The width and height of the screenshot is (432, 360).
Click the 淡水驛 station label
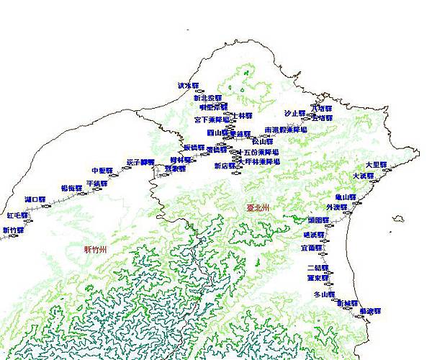point(187,85)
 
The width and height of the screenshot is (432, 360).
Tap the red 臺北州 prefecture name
point(257,207)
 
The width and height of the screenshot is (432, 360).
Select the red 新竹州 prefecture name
point(95,249)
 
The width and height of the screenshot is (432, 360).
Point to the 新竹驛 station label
point(13,230)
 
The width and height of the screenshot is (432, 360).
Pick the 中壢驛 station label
point(103,171)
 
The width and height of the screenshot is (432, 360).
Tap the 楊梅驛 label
point(71,188)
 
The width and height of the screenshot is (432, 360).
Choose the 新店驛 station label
point(225,166)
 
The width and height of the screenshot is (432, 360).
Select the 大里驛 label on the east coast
point(376,165)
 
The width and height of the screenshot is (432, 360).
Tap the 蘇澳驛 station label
point(370,311)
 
